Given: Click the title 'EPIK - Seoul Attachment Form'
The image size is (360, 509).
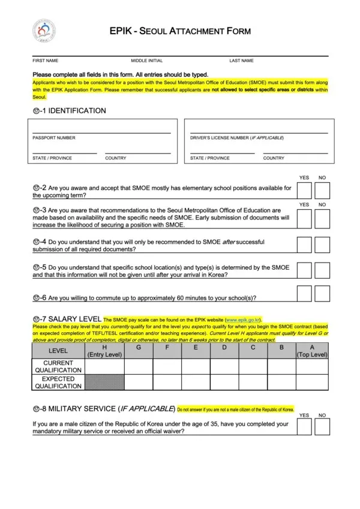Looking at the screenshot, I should (180, 31).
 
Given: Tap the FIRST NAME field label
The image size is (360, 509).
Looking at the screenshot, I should (45, 61).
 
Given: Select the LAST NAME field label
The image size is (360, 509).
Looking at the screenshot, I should (241, 61).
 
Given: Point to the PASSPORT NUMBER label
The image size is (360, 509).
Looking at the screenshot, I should (54, 138).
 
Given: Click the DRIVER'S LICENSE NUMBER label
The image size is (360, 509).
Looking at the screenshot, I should (237, 138).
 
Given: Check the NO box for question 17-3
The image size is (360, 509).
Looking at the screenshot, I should (322, 218).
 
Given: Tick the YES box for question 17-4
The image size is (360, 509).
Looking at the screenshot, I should (304, 245).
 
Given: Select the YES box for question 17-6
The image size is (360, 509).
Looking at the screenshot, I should (304, 293).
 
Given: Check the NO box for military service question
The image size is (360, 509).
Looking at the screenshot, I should (322, 426).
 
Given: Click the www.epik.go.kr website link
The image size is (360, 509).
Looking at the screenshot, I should (243, 321).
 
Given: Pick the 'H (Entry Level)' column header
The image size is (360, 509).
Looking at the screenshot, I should (105, 351).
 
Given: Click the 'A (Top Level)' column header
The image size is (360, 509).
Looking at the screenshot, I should (313, 351).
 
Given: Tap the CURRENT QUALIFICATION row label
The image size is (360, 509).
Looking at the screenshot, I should (58, 366).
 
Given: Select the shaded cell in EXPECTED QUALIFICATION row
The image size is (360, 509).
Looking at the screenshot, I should (105, 382).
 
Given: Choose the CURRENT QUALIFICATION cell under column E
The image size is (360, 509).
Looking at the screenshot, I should (196, 366).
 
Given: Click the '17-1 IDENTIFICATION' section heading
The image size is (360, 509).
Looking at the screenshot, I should (69, 111).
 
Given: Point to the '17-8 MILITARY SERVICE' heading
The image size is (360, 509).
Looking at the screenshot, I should (103, 409).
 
